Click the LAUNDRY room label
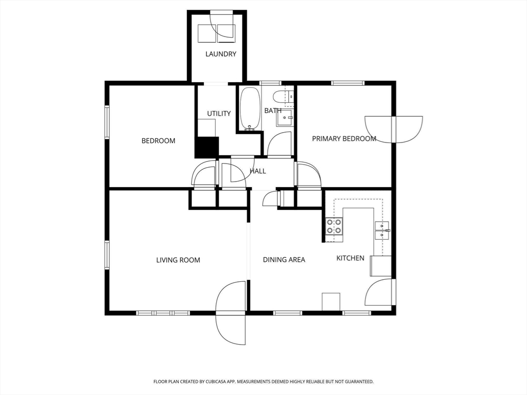(221, 54)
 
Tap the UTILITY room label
(219, 114)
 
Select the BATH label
(273, 111)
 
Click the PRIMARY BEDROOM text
(344, 138)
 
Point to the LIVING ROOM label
(178, 260)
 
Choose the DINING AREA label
(284, 260)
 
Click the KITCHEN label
(350, 258)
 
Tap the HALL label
(258, 171)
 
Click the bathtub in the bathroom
(251, 109)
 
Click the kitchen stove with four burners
(334, 227)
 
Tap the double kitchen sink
(382, 230)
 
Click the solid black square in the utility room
(207, 147)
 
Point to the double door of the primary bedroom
(394, 129)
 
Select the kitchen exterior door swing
(380, 292)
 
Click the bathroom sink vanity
(285, 118)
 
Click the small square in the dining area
(331, 301)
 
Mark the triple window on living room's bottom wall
(163, 313)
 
